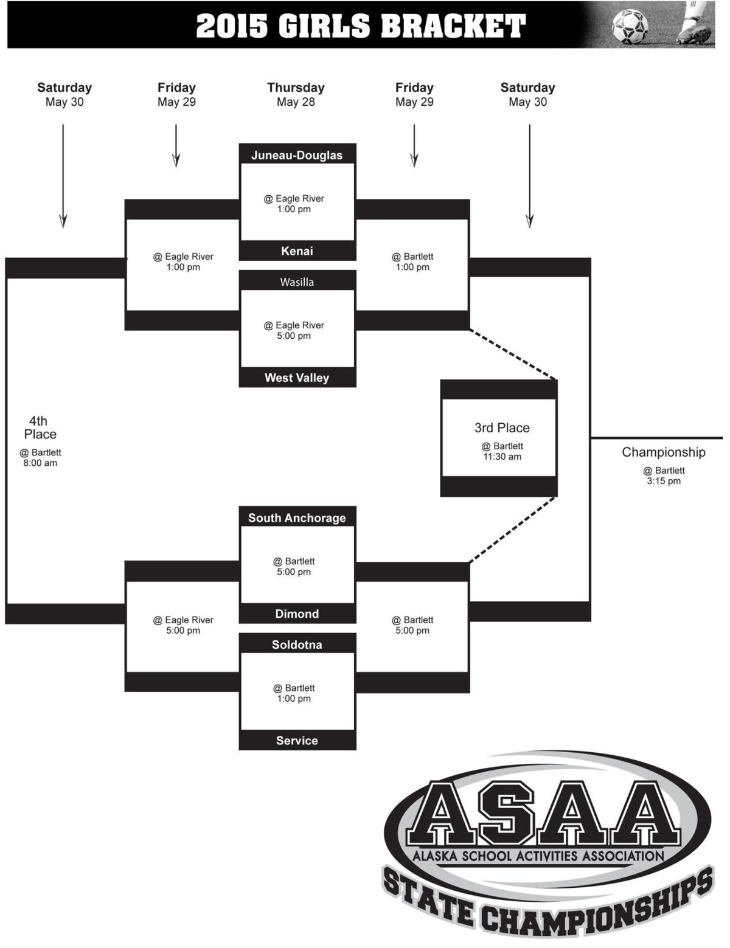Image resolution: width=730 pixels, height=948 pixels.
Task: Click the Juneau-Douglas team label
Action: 297,155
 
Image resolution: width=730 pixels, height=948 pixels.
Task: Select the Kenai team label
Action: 297,251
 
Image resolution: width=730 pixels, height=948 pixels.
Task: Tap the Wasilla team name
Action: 297,282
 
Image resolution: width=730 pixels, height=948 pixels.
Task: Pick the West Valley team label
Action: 297,378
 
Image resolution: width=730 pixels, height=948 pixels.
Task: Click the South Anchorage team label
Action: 297,518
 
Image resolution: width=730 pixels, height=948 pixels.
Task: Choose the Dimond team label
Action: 297,614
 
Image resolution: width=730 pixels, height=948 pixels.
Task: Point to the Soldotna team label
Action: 297,645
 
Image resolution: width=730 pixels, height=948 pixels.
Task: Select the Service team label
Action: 297,741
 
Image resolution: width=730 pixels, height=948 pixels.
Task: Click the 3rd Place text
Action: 502,427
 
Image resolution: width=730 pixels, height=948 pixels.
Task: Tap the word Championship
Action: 664,452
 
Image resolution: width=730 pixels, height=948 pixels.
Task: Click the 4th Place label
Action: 40,427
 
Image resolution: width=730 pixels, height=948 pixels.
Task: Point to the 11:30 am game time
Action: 502,457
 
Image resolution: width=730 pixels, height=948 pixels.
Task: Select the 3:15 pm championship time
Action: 664,481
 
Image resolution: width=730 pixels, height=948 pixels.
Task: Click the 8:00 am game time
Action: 40,463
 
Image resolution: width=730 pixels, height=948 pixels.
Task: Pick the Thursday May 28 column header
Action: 296,94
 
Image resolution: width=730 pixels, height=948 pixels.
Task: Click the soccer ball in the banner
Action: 630,26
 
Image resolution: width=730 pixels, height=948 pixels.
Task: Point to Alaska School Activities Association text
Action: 538,856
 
